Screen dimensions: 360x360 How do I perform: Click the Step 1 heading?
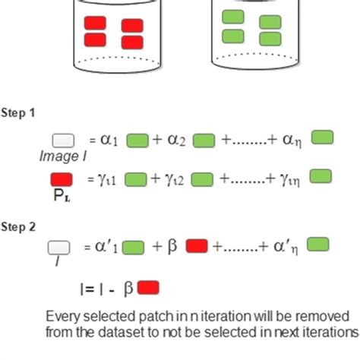[17, 112]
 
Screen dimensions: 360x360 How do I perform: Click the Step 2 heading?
[17, 226]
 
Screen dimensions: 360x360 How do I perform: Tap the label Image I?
[60, 156]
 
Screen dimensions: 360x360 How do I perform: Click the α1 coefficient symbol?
[109, 140]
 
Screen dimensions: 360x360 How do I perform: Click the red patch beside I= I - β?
[148, 288]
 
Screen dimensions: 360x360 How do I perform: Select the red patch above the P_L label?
[62, 179]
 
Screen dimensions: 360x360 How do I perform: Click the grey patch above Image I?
[62, 141]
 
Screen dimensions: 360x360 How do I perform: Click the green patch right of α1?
[137, 140]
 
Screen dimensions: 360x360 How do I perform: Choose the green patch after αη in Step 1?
[322, 137]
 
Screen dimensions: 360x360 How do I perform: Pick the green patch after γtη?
[321, 177]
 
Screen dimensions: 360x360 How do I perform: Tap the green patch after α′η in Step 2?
[318, 244]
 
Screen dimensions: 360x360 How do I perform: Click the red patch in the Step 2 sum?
[197, 246]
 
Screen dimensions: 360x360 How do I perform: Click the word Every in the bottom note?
[62, 315]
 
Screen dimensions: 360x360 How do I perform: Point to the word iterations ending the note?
[332, 332]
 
